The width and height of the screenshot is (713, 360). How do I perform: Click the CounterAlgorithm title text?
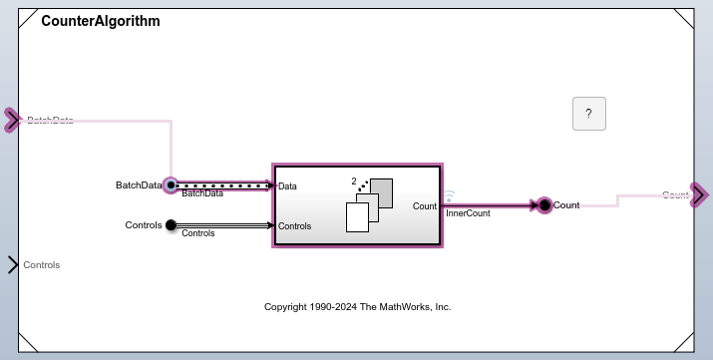[101, 21]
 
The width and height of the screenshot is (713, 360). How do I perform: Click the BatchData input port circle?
[171, 184]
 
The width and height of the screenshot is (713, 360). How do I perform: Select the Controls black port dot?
[171, 225]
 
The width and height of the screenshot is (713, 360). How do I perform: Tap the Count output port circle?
[544, 205]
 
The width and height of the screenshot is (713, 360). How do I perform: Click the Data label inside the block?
[287, 185]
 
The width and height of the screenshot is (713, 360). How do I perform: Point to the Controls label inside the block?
[294, 226]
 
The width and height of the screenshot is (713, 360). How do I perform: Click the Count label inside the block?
[424, 205]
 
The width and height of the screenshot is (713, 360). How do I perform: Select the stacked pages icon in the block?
[368, 205]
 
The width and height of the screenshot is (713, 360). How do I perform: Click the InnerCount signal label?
[468, 213]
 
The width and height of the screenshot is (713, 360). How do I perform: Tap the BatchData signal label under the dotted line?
[202, 193]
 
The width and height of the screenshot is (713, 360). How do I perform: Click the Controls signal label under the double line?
[198, 233]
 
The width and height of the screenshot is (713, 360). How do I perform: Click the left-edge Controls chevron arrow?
[13, 264]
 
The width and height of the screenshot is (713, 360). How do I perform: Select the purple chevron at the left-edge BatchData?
[12, 121]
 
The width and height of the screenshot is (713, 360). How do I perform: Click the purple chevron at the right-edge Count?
[699, 194]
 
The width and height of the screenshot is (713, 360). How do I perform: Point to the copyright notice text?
[357, 307]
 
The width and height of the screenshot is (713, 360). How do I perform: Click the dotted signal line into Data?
[223, 184]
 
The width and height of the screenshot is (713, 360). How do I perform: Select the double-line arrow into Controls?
[223, 225]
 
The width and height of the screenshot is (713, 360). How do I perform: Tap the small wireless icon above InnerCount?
[449, 195]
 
